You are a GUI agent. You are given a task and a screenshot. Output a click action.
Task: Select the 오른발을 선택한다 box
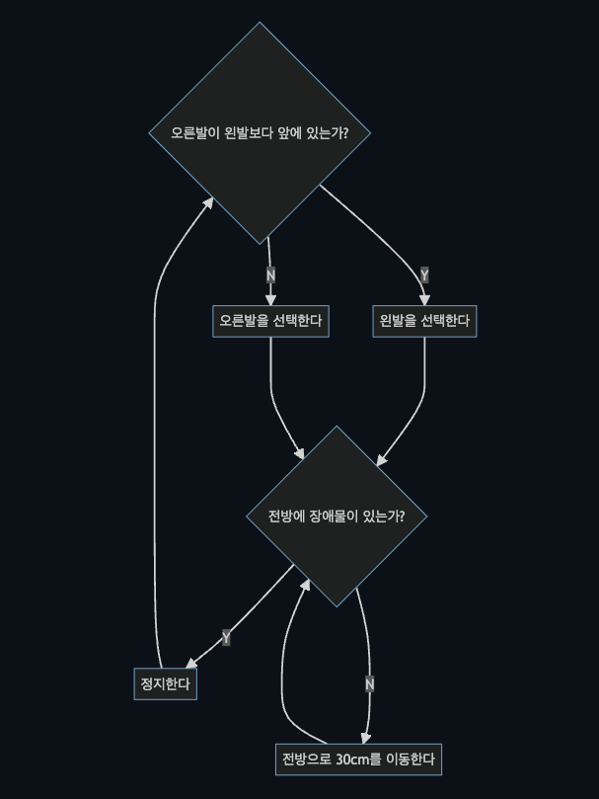point(270,321)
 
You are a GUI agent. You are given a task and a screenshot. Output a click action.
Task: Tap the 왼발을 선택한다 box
point(424,321)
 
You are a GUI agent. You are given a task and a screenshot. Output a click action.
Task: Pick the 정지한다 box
point(166,683)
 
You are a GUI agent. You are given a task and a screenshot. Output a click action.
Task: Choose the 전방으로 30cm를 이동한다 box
point(357,759)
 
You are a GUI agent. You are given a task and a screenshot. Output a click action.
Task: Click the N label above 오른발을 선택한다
point(270,275)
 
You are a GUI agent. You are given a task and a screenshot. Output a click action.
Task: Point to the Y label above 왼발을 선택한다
point(424,275)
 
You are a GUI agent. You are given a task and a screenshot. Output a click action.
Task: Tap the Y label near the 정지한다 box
point(226,638)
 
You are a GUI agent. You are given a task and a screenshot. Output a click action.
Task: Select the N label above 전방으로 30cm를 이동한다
point(369,683)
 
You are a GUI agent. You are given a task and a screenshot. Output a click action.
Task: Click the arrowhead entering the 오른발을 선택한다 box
point(270,300)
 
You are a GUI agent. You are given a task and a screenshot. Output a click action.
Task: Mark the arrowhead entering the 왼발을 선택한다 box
point(424,300)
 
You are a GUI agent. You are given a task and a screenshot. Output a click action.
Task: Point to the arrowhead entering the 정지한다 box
point(192,664)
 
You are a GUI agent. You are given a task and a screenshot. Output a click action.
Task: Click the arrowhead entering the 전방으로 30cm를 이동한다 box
point(366,738)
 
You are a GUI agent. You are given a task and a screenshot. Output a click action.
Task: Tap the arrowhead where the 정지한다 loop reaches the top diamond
point(208,201)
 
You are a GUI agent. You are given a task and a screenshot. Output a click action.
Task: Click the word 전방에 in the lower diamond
point(287,516)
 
